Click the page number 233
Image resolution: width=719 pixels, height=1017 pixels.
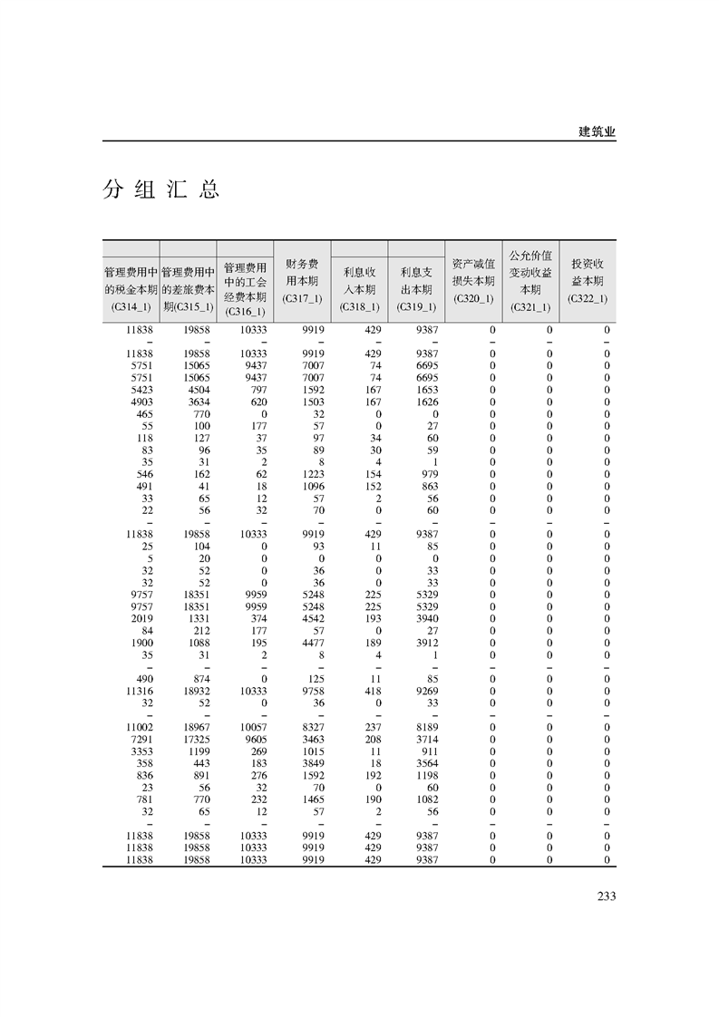(x=607, y=896)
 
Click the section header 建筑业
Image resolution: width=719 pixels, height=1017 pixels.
(x=597, y=131)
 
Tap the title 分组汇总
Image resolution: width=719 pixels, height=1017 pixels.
(x=161, y=190)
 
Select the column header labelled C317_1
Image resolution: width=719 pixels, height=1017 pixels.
(x=301, y=281)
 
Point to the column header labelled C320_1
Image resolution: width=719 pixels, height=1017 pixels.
(x=472, y=281)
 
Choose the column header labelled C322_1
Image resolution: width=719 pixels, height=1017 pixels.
(x=587, y=281)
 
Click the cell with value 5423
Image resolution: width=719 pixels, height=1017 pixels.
(x=140, y=390)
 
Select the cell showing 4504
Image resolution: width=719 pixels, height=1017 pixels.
(x=199, y=390)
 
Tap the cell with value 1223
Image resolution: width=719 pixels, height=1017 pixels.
(x=312, y=474)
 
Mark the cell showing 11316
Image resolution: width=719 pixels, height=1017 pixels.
(x=138, y=691)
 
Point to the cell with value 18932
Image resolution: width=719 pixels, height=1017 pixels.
(x=196, y=691)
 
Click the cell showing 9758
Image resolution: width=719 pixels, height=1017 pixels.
(x=312, y=691)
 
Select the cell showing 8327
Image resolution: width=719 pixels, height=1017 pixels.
(x=312, y=727)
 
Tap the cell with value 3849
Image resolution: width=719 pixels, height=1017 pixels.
(x=312, y=763)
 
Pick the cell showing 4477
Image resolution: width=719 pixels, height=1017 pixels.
(x=312, y=643)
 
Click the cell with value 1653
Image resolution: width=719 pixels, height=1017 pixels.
(x=426, y=390)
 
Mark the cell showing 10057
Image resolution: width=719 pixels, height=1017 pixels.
(x=253, y=727)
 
